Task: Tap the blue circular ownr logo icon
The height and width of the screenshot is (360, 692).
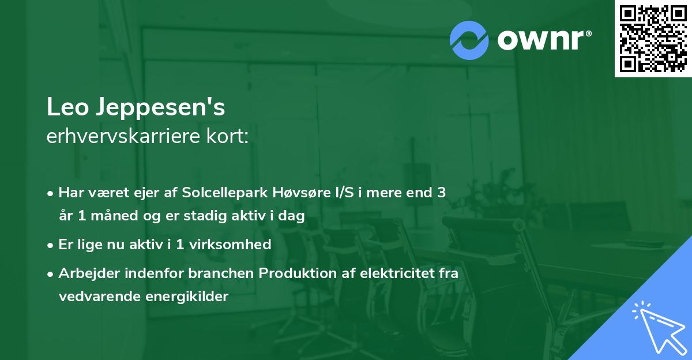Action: pyautogui.click(x=469, y=40)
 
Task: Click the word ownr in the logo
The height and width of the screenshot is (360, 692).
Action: pyautogui.click(x=543, y=40)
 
